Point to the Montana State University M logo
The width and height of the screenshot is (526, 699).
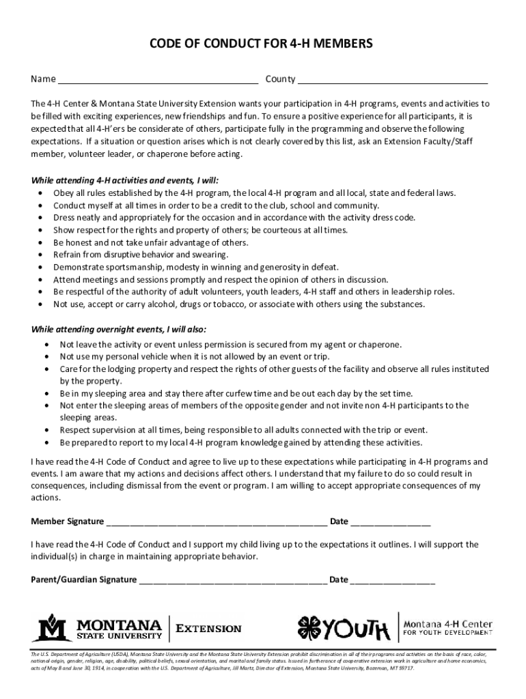[53, 627]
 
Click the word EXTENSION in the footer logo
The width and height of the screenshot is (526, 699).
[209, 628]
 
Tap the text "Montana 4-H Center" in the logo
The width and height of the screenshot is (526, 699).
[447, 623]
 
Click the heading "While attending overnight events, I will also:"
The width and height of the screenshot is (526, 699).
[118, 328]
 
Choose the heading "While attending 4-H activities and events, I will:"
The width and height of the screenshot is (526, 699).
[125, 180]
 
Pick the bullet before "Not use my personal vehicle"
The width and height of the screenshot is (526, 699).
[46, 356]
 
